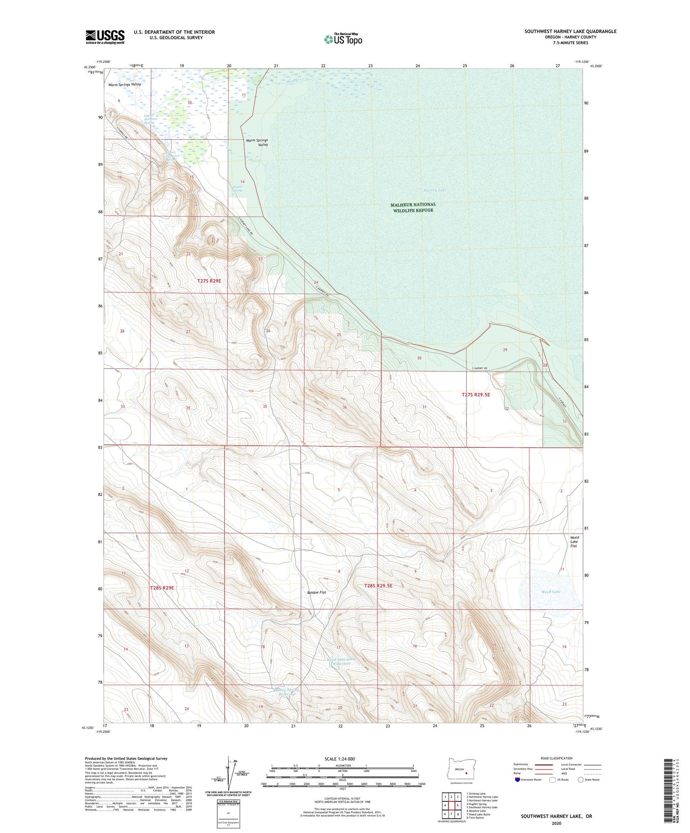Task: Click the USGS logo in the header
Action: coord(105,37)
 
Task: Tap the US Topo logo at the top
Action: coord(343,39)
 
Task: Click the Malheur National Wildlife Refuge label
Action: coord(413,207)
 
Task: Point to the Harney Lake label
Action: coord(435,190)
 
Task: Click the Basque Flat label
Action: coord(316,593)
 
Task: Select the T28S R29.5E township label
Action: coord(378,586)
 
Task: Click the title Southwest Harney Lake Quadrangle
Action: coord(570,31)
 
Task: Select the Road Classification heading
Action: coord(557,758)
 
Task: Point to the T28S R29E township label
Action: coord(162,588)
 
